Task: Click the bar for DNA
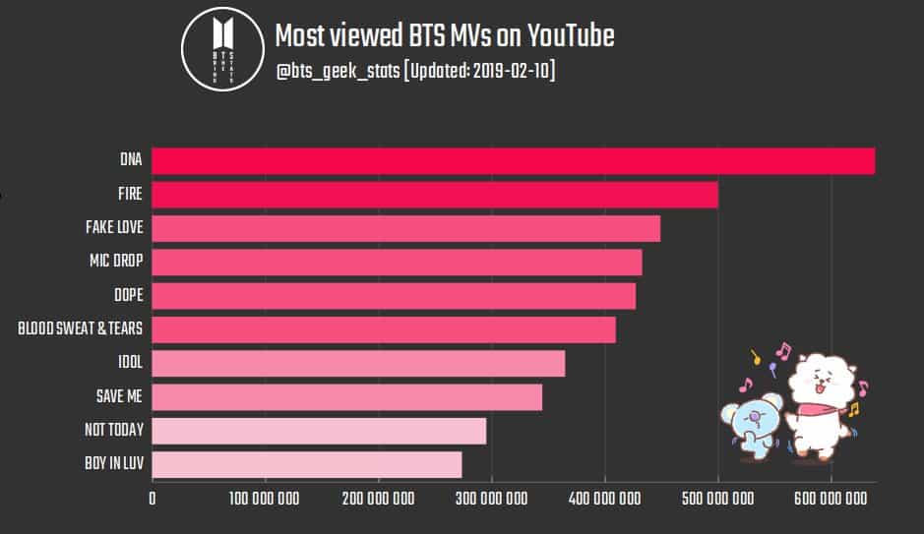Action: (x=513, y=161)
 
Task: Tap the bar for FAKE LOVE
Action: (x=405, y=228)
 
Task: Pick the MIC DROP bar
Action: (x=397, y=263)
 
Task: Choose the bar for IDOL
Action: (x=358, y=363)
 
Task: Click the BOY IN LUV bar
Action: (x=307, y=464)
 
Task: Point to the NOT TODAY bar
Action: (x=319, y=431)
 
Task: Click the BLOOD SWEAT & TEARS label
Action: (x=81, y=329)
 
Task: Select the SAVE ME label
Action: (x=118, y=396)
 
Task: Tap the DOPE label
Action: (x=128, y=295)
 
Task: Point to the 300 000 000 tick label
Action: (x=491, y=499)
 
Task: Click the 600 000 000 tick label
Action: (x=832, y=499)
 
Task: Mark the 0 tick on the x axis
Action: (x=153, y=499)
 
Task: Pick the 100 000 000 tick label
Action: (x=265, y=499)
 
